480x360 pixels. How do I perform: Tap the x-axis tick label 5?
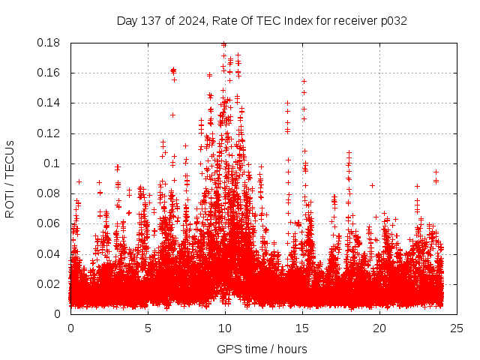pos(148,328)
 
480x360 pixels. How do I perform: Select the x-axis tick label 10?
pos(225,328)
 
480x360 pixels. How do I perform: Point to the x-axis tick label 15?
pos(302,328)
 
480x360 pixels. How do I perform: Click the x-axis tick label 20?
pos(379,328)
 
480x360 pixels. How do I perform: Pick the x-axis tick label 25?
pos(457,328)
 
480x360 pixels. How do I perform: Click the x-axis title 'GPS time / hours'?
pos(262,349)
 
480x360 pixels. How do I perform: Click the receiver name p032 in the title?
pos(393,21)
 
